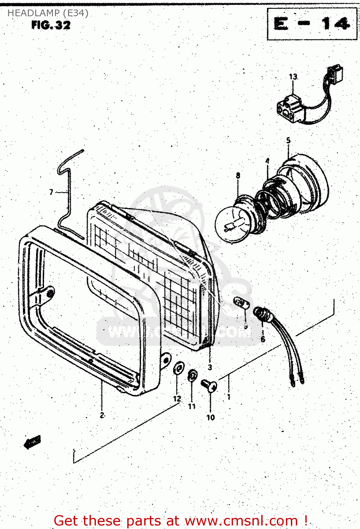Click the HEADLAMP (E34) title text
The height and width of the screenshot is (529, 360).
[x=48, y=13]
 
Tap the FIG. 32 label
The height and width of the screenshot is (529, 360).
[x=51, y=25]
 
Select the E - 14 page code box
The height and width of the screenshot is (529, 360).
[x=312, y=24]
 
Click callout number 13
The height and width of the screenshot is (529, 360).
[x=293, y=77]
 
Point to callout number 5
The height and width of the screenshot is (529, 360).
[x=288, y=140]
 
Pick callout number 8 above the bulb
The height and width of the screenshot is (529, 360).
[x=238, y=175]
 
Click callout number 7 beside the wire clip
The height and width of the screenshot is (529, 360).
[x=51, y=192]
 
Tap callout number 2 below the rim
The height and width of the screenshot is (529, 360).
[x=102, y=415]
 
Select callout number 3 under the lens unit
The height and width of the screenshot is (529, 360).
[x=210, y=367]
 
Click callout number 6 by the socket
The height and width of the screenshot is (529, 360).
[x=263, y=340]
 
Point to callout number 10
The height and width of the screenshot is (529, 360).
[x=210, y=418]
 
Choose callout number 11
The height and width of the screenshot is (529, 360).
[x=191, y=406]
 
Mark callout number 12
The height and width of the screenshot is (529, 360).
[x=177, y=399]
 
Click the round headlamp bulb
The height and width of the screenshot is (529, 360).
[x=231, y=224]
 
